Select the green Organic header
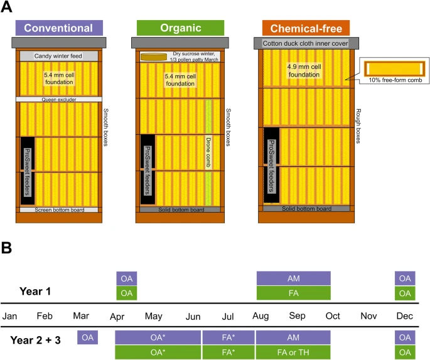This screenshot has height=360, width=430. pos(180,28)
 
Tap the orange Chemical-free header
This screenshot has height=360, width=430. pos(306,28)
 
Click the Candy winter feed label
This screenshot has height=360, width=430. pos(58,56)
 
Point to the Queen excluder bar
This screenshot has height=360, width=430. pos(58,99)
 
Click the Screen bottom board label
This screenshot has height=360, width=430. pos(58,209)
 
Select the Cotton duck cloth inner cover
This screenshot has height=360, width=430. pos(306,43)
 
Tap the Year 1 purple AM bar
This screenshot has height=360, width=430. pos(293,278)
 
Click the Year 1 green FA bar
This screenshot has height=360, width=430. pos(293,293)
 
